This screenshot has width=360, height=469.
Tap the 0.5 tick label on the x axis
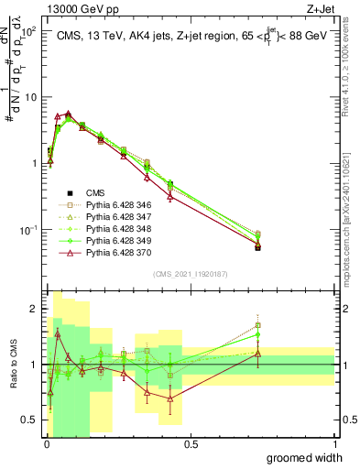coord(190,444)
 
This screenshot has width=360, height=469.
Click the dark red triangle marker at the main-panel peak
coord(68,114)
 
